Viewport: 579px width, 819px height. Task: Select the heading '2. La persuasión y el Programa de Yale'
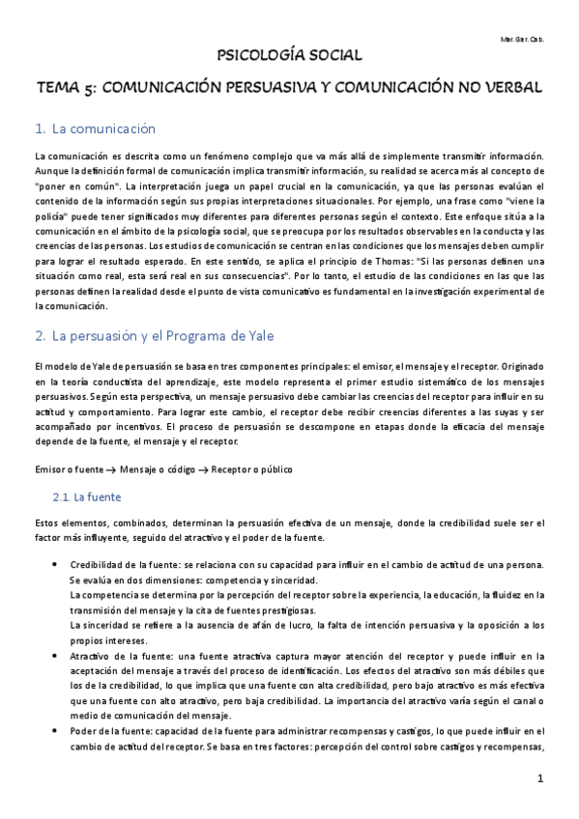click(x=154, y=336)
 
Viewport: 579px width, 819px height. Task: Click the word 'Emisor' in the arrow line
click(x=48, y=468)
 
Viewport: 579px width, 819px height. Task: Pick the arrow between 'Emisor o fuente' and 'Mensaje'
click(x=112, y=468)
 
